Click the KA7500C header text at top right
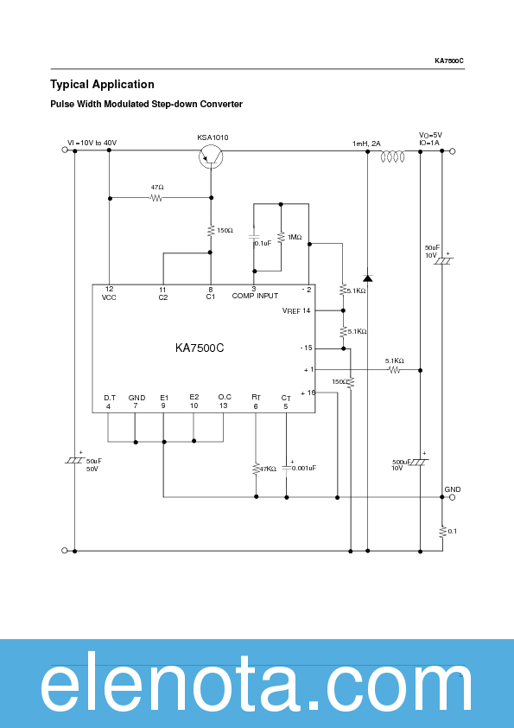point(449,61)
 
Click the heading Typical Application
point(102,85)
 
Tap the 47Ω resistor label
point(157,188)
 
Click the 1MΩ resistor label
point(295,237)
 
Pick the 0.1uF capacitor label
point(263,243)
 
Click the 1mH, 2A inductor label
point(366,144)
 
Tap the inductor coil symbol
point(395,156)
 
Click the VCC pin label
point(109,297)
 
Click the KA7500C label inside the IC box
point(200,348)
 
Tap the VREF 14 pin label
point(296,310)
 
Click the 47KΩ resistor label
point(268,469)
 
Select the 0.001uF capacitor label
point(304,468)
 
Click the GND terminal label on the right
point(453,489)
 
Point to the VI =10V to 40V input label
point(92,143)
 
